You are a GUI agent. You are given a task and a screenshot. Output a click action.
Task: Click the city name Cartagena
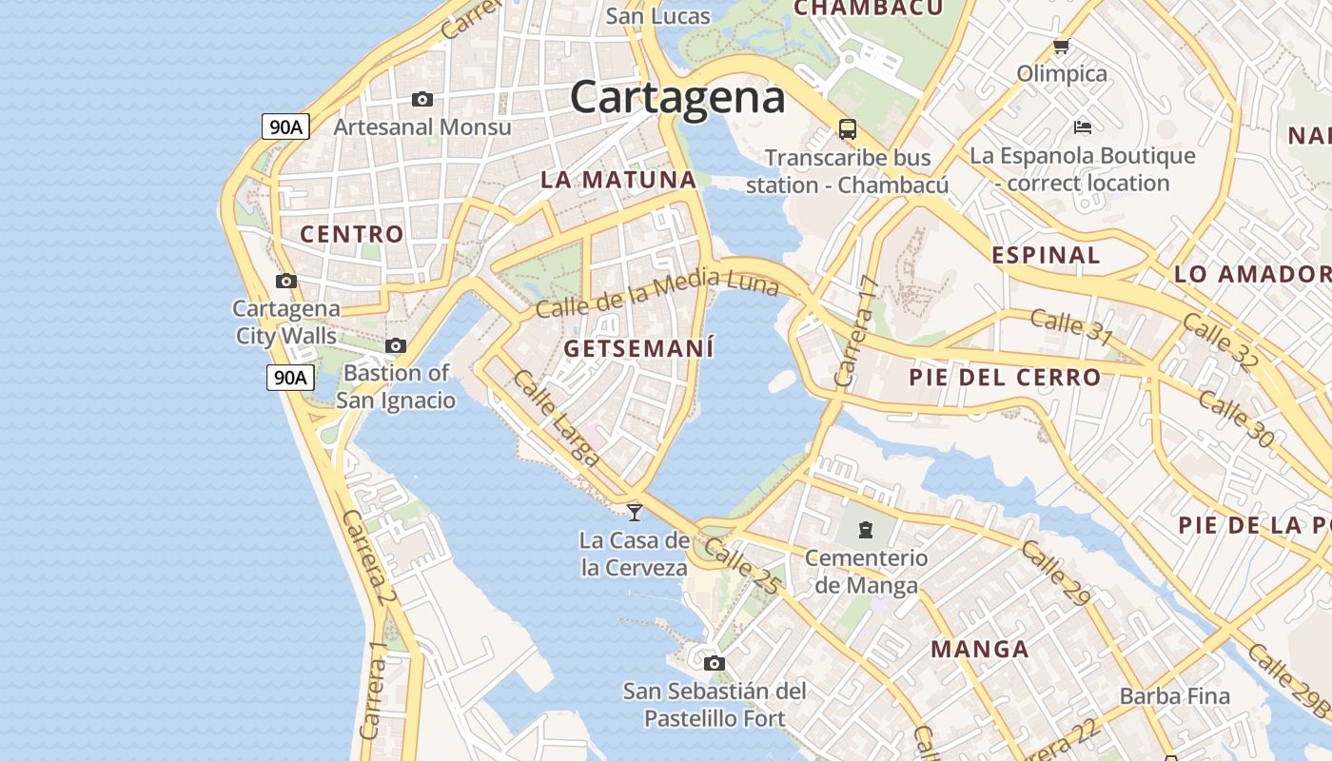[677, 97]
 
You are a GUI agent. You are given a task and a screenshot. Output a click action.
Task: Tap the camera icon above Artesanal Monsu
[422, 99]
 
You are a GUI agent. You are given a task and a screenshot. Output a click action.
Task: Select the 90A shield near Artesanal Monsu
[285, 127]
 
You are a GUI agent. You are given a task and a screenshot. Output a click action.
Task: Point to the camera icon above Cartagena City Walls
[286, 281]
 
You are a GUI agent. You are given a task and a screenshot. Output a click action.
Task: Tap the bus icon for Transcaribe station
[847, 129]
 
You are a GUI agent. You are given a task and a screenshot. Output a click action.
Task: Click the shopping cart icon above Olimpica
[1061, 46]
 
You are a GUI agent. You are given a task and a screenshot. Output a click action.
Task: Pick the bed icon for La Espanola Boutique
[1082, 127]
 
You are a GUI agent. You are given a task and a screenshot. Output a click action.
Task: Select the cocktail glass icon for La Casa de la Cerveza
[635, 512]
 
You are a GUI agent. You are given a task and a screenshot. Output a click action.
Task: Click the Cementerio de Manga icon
[866, 529]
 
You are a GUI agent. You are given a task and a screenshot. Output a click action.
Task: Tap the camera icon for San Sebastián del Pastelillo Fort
[715, 663]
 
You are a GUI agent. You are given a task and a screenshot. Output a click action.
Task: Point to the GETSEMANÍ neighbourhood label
[638, 349]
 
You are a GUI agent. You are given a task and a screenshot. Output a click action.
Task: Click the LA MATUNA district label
[618, 180]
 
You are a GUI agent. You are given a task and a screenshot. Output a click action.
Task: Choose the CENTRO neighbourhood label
[352, 234]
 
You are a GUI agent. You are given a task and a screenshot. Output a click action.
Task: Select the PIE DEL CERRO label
[1005, 378]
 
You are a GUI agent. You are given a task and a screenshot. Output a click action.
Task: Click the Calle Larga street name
[557, 419]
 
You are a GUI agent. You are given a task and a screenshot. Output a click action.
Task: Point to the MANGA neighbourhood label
[980, 650]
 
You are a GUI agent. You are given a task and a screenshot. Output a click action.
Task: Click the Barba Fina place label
[1174, 696]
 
